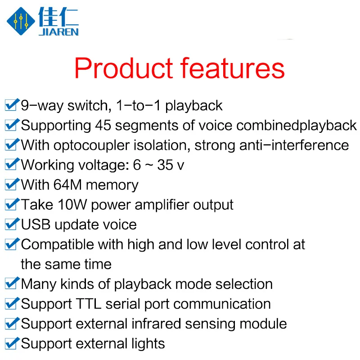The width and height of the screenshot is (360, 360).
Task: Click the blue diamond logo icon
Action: tap(21, 21)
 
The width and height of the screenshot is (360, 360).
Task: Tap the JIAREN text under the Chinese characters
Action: tap(59, 32)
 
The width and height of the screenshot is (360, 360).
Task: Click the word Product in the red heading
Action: tap(123, 68)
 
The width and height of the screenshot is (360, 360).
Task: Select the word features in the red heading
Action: tap(232, 68)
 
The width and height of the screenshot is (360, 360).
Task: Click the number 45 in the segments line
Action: tap(103, 126)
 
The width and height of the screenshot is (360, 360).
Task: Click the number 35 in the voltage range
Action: tap(165, 165)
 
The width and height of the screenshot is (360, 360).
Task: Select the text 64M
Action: tap(67, 184)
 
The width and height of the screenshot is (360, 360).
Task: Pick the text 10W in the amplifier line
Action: tap(72, 205)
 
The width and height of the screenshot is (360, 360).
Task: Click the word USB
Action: tap(36, 224)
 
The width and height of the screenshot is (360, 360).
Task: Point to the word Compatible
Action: tap(58, 245)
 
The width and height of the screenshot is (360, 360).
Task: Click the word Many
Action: tap(39, 284)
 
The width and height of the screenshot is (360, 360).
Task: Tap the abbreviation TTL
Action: tap(88, 304)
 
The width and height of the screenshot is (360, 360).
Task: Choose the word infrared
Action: tap(156, 324)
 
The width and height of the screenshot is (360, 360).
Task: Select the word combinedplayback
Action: tap(297, 126)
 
